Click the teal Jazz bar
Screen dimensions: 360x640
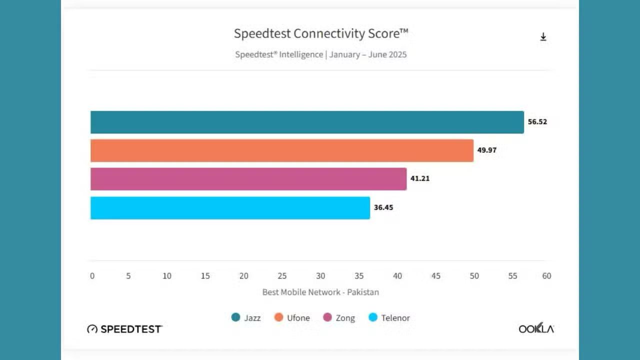click(x=307, y=122)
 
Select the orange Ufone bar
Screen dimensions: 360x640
click(x=281, y=150)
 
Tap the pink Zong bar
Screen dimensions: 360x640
click(x=248, y=179)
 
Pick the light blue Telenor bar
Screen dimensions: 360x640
click(x=230, y=207)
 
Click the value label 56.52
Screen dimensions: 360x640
click(x=537, y=121)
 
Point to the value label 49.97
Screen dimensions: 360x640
click(x=487, y=150)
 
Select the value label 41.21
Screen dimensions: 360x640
click(x=420, y=178)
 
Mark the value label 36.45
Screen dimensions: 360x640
click(x=383, y=207)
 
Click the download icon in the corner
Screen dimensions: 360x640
click(x=543, y=37)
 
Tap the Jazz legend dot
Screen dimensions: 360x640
click(x=235, y=317)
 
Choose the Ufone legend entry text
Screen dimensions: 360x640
click(x=298, y=318)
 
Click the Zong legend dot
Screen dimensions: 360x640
click(x=327, y=317)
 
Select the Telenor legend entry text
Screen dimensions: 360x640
click(x=395, y=318)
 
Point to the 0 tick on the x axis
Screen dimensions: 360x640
click(x=92, y=276)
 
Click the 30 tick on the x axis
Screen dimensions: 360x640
click(x=320, y=276)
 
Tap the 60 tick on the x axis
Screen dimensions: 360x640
click(x=546, y=276)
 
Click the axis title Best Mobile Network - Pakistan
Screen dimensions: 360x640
click(x=320, y=292)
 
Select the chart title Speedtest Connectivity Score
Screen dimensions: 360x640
click(x=321, y=33)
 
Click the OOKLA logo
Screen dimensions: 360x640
click(x=536, y=328)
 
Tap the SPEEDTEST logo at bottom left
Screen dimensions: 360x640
click(x=124, y=329)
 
